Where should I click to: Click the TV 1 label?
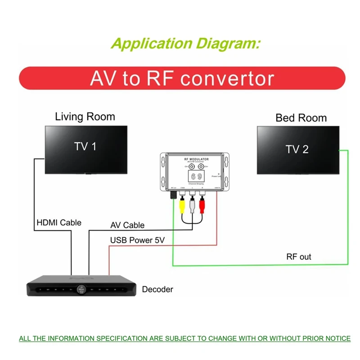[85, 146]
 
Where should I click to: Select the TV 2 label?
[297, 149]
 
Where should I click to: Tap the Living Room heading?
[85, 117]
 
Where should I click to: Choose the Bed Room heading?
[301, 118]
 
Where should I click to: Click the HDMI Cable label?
[58, 222]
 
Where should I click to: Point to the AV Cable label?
[127, 225]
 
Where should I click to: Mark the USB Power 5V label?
[137, 240]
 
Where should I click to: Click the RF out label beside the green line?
[299, 257]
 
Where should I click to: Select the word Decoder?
[157, 289]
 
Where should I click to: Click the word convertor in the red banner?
[227, 78]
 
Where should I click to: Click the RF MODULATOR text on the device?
[196, 159]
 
